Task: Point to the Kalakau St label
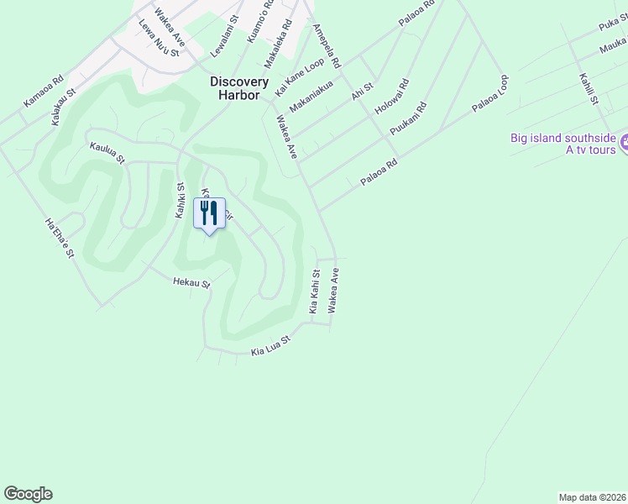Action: click(x=64, y=108)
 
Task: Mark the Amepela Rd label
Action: click(x=327, y=45)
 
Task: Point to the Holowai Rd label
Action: click(x=391, y=97)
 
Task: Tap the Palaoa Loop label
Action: click(x=491, y=94)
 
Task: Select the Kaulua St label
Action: click(x=107, y=152)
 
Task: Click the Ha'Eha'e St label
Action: click(x=60, y=238)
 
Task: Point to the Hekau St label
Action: click(x=191, y=283)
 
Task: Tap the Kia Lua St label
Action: click(x=270, y=345)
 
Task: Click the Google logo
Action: click(x=28, y=494)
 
